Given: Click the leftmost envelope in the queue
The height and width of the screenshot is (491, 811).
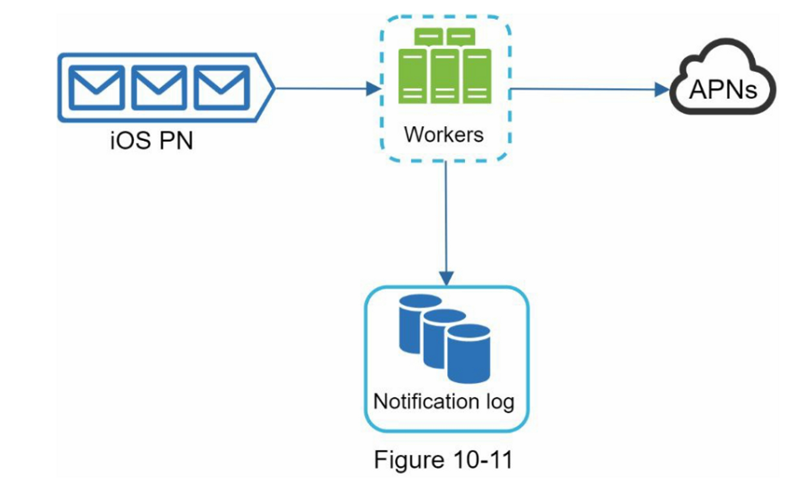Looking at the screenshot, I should [x=97, y=88].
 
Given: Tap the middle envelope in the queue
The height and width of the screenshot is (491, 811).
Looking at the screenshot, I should [x=159, y=88].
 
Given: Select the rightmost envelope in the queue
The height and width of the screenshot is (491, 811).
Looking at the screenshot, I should [x=221, y=88].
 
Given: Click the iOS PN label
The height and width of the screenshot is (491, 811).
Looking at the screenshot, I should [x=151, y=140].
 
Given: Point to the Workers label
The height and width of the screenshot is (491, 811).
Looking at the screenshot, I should [x=444, y=134].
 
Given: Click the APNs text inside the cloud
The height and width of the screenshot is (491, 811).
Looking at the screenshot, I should [x=723, y=89].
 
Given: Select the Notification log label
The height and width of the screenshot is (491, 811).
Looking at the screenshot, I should [x=444, y=402].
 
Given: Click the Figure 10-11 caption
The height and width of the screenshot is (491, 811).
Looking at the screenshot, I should [x=443, y=460].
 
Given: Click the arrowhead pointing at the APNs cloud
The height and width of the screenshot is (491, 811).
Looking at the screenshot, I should [x=662, y=90].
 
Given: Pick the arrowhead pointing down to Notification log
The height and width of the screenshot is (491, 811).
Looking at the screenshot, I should [x=446, y=278].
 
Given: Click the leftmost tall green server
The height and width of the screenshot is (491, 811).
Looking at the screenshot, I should [x=412, y=76].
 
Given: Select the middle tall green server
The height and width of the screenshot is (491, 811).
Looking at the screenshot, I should [x=445, y=76].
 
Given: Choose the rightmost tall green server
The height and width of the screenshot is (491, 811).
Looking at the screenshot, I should [x=477, y=76].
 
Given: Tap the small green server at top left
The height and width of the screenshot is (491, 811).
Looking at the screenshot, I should [x=429, y=37].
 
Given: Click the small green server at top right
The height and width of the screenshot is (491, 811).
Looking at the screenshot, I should [x=461, y=37].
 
